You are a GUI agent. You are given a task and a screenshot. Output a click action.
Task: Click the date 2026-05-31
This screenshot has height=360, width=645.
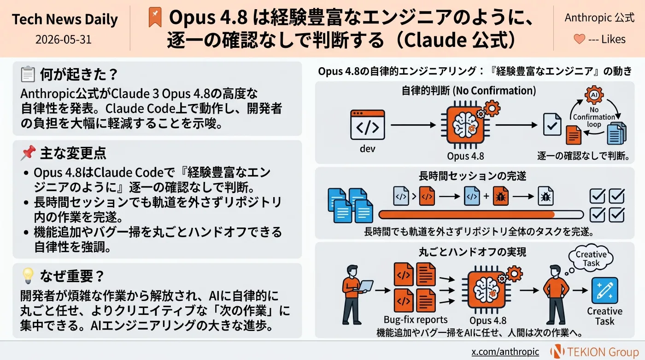click(64, 40)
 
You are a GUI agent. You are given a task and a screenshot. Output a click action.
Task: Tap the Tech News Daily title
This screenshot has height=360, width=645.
click(65, 20)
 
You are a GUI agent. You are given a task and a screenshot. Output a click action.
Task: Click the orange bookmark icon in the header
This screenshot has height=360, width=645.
click(155, 17)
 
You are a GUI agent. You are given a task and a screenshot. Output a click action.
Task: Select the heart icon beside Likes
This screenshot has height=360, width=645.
click(580, 39)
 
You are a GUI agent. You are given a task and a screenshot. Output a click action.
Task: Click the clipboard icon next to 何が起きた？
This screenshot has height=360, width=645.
click(28, 74)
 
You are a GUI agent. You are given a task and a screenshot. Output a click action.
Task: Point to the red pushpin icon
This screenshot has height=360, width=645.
click(28, 152)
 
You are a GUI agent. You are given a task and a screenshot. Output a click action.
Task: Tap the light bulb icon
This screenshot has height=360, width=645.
click(28, 276)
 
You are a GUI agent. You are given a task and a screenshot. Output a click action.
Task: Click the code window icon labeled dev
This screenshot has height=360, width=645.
click(368, 125)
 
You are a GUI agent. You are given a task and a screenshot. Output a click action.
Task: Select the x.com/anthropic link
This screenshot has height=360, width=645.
click(505, 352)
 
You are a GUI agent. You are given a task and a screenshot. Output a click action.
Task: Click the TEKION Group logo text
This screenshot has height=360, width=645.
click(603, 352)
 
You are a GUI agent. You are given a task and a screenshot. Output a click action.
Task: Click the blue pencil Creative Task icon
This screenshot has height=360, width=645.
click(604, 290)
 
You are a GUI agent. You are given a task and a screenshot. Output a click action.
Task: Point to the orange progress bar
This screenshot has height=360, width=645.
click(466, 215)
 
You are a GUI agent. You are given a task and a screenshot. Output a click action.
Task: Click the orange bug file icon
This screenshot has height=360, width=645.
click(500, 196)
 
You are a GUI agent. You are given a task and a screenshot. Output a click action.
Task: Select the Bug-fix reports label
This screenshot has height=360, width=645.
click(416, 319)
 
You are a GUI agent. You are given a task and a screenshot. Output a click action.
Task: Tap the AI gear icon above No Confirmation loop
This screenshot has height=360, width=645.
click(594, 95)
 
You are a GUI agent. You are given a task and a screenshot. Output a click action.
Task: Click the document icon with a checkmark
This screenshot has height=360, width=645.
click(552, 124)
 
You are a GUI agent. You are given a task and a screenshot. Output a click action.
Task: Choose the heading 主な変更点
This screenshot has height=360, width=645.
click(73, 153)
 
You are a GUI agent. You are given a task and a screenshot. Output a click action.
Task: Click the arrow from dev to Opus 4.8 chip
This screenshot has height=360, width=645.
click(413, 125)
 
